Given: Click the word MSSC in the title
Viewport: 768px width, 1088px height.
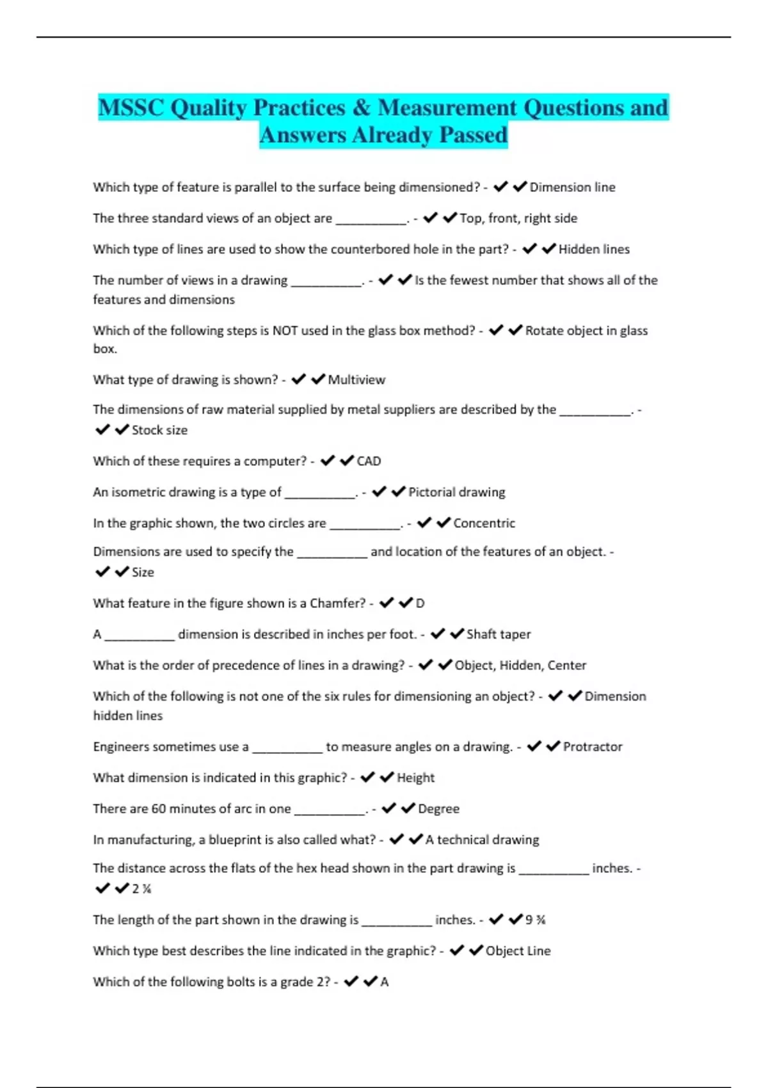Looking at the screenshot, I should click(131, 108).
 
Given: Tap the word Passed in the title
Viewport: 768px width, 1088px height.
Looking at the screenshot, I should click(473, 135).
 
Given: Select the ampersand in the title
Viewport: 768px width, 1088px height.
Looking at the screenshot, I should click(362, 108).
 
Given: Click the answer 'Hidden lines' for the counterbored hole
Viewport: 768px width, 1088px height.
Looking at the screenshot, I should click(594, 249).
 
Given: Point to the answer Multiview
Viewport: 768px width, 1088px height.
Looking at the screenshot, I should click(356, 380).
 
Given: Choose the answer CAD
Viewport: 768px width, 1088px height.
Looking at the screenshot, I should click(369, 461).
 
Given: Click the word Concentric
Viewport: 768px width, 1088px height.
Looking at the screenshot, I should click(484, 523).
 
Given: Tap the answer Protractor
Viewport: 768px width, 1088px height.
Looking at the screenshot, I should click(593, 746).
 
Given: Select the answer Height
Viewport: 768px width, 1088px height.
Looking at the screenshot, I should click(415, 778).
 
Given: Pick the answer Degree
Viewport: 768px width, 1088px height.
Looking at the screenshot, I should click(438, 808).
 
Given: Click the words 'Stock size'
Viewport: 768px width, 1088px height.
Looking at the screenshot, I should click(159, 430).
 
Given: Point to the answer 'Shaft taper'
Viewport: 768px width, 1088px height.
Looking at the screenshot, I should click(499, 634).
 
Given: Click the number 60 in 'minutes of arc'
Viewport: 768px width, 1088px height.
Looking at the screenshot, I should click(158, 808).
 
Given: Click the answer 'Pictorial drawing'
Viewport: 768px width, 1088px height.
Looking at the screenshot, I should click(456, 492).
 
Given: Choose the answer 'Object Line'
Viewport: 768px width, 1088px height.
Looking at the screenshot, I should click(518, 950).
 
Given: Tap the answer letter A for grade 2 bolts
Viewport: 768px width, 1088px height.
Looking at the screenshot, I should click(385, 982).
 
